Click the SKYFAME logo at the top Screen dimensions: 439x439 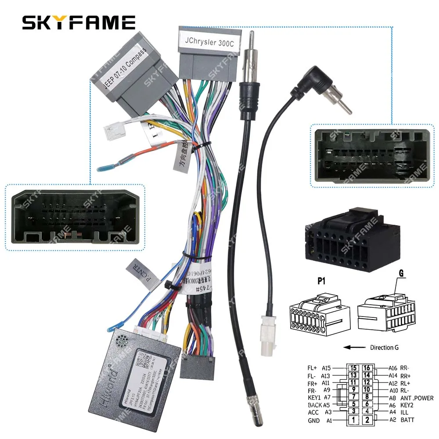(x=79, y=22)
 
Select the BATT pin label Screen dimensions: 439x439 (x=407, y=420)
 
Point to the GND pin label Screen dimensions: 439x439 (x=314, y=420)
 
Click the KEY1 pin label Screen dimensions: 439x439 (x=315, y=398)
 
